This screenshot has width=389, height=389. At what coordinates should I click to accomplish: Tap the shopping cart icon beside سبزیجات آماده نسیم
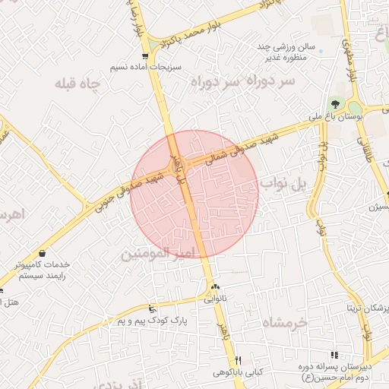[x=144, y=55]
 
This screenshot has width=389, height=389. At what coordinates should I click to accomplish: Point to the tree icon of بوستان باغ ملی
[x=335, y=103]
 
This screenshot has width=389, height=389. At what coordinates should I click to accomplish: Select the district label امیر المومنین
[x=160, y=251]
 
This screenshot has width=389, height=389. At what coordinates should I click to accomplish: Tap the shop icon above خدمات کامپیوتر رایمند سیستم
[x=41, y=253]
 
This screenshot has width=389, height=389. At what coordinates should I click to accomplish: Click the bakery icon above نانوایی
[x=216, y=288]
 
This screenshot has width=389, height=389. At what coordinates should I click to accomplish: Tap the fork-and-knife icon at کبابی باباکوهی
[x=238, y=360]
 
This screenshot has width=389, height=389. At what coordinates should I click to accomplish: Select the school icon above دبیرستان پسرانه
[x=334, y=355]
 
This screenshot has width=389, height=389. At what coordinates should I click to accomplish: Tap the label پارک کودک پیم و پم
[x=151, y=321]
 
